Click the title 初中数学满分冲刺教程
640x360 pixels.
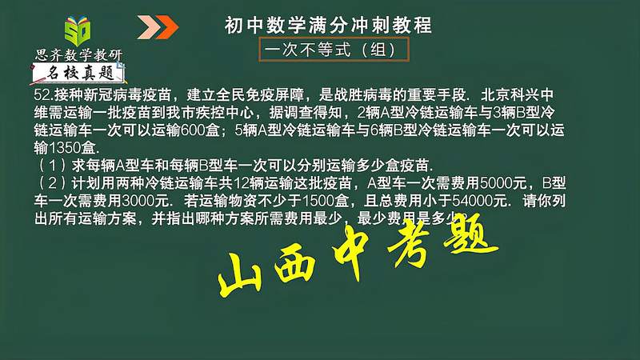[328, 26]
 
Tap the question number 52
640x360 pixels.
[42, 94]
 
